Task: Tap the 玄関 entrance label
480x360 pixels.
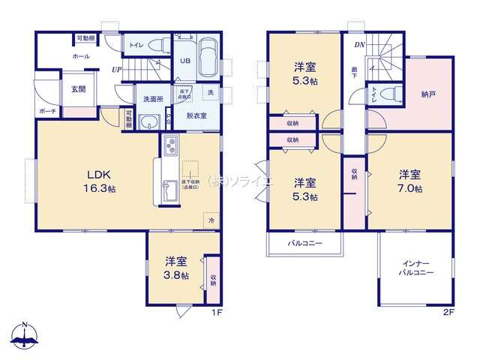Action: [78, 88]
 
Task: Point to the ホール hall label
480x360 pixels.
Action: [60, 56]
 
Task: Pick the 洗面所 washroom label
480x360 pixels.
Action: [153, 98]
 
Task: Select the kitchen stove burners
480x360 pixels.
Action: [169, 144]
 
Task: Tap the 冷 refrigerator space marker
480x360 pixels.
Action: [211, 221]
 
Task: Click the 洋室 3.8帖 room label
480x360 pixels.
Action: [176, 268]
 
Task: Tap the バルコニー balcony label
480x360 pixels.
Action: [304, 244]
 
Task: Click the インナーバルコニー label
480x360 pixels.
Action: [415, 268]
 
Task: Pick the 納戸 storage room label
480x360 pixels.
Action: [429, 95]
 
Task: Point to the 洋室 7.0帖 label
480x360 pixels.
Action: [409, 181]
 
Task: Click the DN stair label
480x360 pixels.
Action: [359, 44]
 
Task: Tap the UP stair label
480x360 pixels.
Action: [117, 70]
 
